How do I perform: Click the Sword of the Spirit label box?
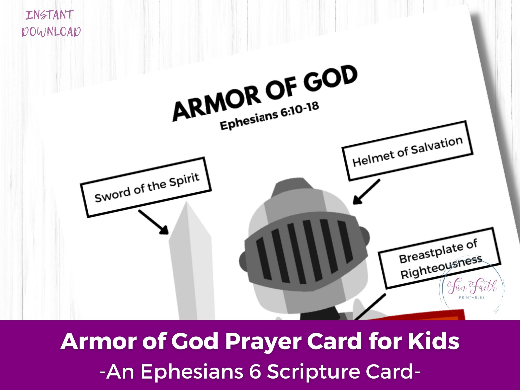coord(146,187)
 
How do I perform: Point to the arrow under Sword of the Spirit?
coord(153,222)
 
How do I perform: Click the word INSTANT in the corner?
coord(50,15)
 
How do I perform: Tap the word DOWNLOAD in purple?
coord(51,32)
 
